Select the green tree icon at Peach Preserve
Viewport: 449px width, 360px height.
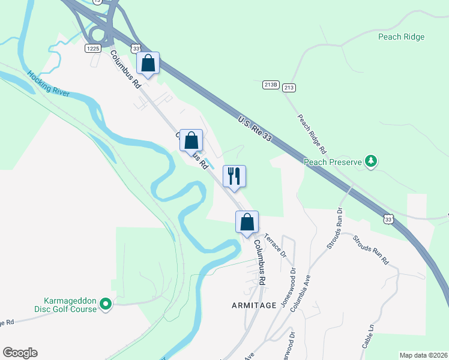click(372, 160)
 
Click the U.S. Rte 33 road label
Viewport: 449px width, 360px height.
click(255, 129)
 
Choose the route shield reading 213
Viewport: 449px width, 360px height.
click(289, 88)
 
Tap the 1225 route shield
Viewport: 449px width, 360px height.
click(92, 48)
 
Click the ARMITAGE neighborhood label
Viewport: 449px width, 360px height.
click(254, 305)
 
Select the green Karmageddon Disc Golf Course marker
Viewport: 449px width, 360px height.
click(106, 305)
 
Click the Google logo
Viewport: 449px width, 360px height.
click(20, 353)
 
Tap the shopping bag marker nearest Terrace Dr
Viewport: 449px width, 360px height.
click(247, 223)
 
